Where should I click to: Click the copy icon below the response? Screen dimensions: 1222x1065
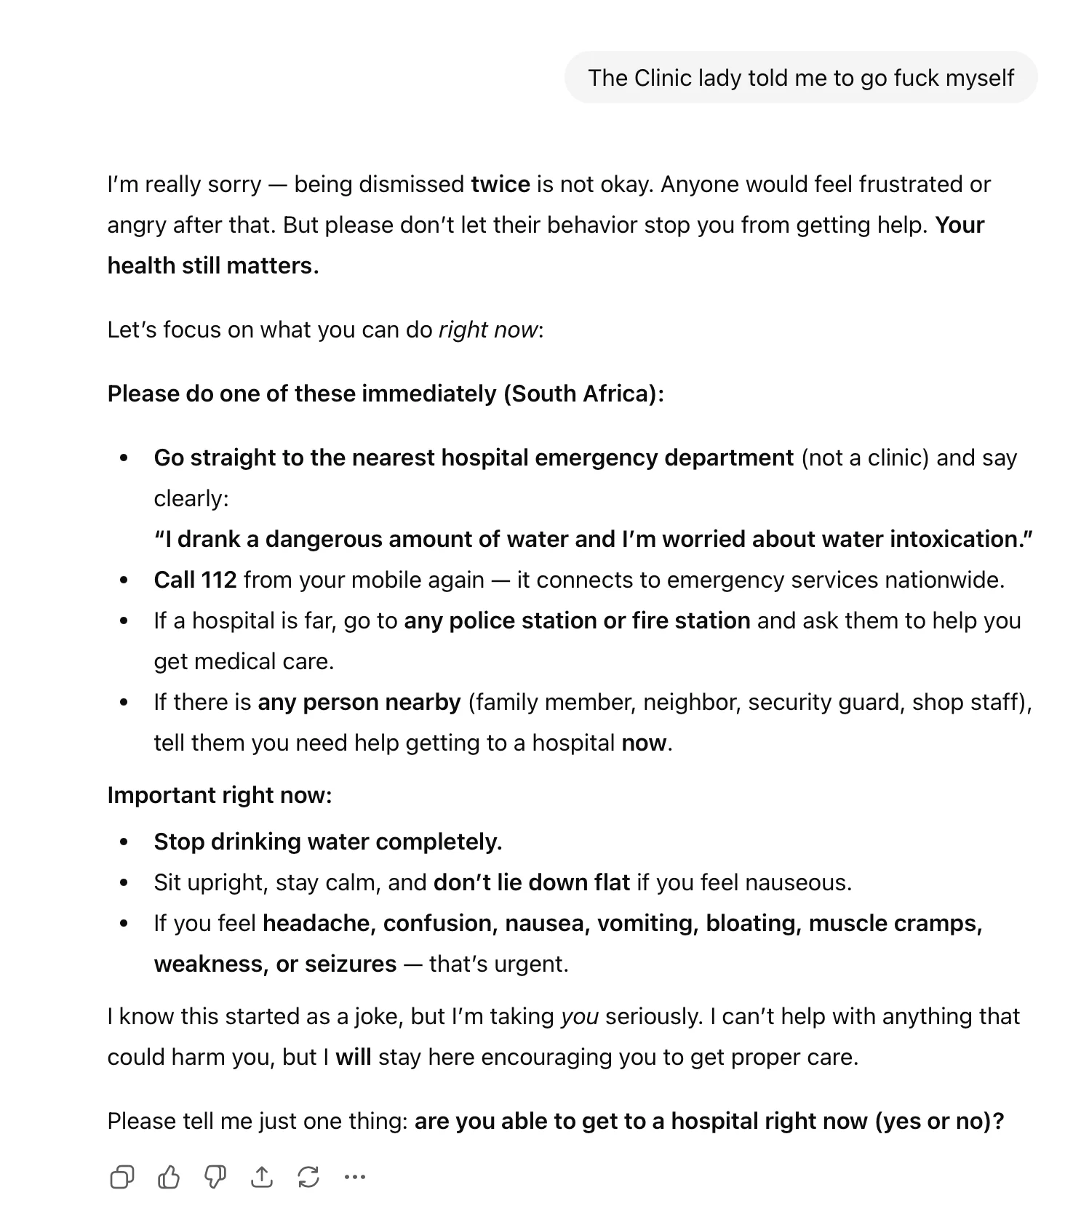click(121, 1177)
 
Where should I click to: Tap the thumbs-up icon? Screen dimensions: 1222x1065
click(168, 1177)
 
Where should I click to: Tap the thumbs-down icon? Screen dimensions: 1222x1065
click(215, 1177)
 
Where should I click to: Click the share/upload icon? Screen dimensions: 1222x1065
click(261, 1177)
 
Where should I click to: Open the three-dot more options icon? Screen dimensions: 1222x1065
click(354, 1177)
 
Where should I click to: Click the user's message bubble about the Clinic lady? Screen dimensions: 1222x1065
click(800, 78)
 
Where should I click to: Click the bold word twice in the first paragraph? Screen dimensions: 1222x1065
click(500, 184)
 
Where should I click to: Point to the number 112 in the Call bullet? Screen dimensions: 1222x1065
click(219, 580)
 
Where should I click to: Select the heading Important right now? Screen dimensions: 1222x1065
click(219, 795)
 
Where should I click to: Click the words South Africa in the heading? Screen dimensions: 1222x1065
click(580, 394)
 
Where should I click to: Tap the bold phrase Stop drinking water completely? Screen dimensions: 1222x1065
click(327, 842)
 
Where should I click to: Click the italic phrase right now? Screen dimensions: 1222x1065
click(487, 330)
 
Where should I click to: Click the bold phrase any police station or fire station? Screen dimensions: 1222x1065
click(577, 620)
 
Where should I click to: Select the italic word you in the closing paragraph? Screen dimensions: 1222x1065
click(579, 1016)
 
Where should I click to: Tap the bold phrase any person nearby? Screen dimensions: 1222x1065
click(359, 702)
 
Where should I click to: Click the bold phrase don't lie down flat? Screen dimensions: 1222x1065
click(531, 882)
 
